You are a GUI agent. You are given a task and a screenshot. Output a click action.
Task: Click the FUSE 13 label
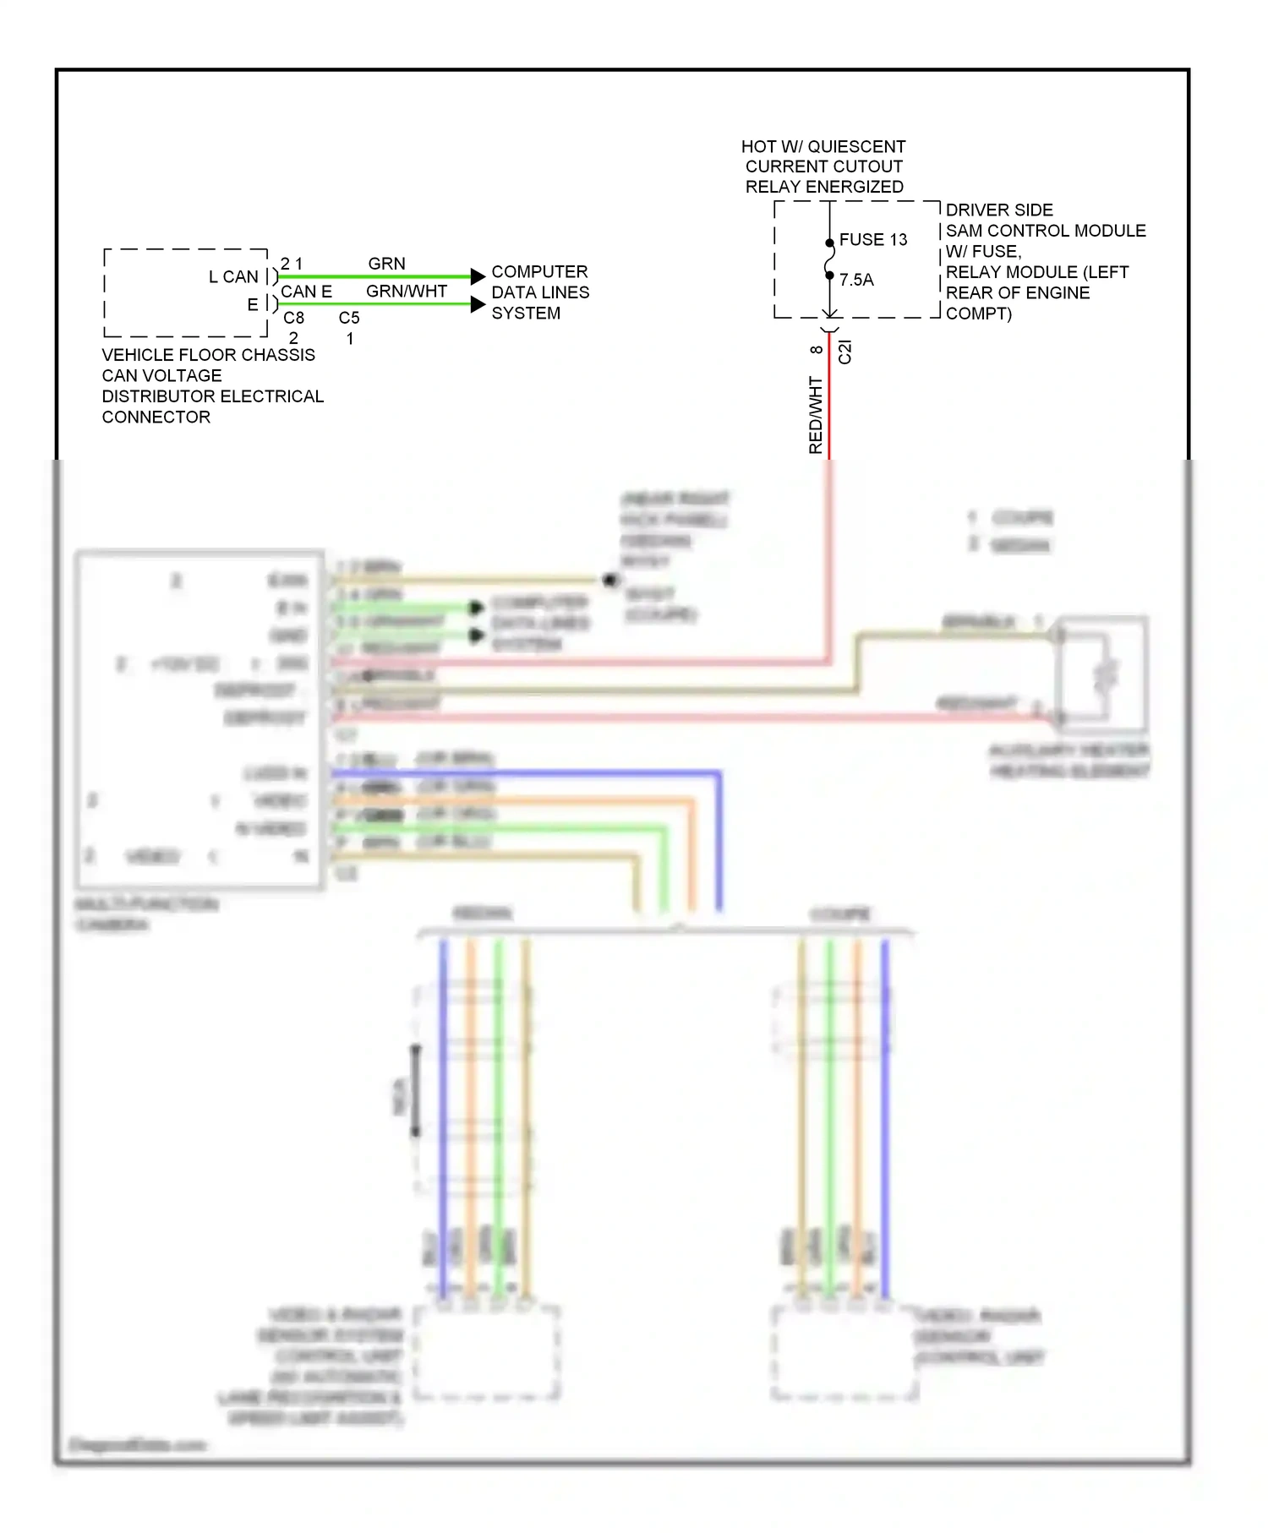(x=872, y=240)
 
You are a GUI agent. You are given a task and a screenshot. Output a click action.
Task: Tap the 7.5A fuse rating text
(x=856, y=280)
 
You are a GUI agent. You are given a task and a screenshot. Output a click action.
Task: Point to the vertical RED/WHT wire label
(x=815, y=414)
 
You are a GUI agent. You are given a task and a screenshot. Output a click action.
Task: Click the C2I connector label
(x=844, y=352)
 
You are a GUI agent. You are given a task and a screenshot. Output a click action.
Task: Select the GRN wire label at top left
(x=386, y=264)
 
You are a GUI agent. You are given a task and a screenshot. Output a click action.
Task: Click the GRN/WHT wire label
(x=406, y=292)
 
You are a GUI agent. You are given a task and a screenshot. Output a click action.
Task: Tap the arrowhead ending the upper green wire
(x=478, y=276)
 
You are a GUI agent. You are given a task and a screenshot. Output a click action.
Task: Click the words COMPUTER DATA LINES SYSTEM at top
(x=539, y=292)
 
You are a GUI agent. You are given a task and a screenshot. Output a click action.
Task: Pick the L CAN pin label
(x=233, y=277)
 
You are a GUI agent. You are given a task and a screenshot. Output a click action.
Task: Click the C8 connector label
(x=293, y=318)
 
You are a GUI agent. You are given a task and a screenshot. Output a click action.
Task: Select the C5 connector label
(x=349, y=318)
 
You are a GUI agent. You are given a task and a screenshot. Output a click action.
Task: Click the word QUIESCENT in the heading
(x=855, y=147)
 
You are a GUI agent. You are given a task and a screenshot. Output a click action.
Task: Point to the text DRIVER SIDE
(x=998, y=210)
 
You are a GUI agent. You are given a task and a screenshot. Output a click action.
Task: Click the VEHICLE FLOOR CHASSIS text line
(x=208, y=355)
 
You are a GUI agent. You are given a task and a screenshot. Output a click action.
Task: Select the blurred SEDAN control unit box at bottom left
(x=487, y=1352)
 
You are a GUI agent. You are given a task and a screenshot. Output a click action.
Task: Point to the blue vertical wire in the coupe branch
(x=884, y=1116)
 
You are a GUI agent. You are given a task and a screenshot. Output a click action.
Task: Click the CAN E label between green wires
(x=306, y=292)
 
